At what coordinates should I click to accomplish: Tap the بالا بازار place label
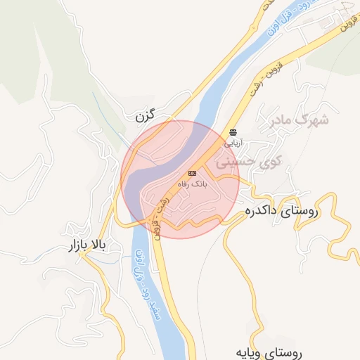86,246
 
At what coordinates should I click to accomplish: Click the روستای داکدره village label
282,210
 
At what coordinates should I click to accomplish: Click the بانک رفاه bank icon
192,173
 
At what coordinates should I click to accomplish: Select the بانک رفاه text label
192,184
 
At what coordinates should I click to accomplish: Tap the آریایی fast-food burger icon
233,132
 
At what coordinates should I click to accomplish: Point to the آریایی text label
233,142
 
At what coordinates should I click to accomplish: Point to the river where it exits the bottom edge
176,355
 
